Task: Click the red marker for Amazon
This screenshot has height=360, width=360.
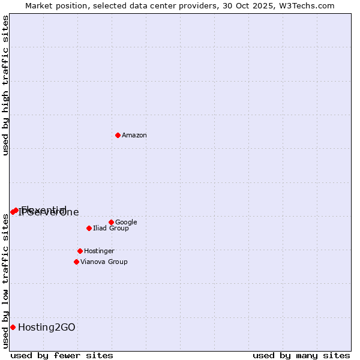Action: pos(118,135)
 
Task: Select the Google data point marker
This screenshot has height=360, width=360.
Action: pos(111,222)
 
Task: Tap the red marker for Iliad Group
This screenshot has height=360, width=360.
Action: pos(89,228)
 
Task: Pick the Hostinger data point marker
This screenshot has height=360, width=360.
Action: pos(80,251)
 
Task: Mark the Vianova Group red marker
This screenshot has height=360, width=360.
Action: pos(76,262)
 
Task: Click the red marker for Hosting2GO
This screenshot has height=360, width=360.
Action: pos(13,327)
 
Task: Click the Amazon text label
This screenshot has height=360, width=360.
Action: pos(134,136)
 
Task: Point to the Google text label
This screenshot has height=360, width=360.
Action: pos(126,223)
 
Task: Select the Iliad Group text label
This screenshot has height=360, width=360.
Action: pos(111,229)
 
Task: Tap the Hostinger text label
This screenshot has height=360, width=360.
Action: pos(99,251)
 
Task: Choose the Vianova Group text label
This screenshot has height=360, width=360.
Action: pos(104,262)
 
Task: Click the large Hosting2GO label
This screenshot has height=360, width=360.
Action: pos(47,327)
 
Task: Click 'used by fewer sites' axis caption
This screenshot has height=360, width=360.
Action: pos(62,355)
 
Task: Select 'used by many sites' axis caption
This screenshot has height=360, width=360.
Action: pos(301,355)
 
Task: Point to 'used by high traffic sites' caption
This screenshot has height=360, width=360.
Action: pos(5,85)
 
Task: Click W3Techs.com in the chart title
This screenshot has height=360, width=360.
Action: pos(309,5)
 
